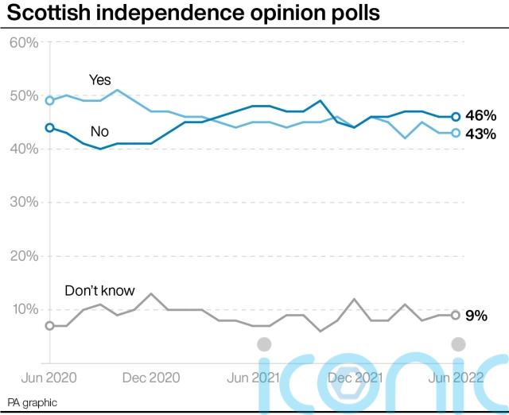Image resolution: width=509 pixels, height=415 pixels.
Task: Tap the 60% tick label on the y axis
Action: point(24,42)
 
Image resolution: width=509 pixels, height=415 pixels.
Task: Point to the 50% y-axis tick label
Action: point(24,95)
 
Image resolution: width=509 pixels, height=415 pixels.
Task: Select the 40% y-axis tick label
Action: point(24,149)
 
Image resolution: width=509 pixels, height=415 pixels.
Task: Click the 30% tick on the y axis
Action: point(24,202)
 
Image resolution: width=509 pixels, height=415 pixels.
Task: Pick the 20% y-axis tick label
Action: point(24,255)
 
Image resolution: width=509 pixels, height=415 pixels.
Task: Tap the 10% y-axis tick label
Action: point(24,308)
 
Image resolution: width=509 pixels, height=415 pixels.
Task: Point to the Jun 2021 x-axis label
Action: point(254,378)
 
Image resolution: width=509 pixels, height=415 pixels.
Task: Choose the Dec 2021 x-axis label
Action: point(355,378)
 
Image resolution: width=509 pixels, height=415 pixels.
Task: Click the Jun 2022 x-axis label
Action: point(456,378)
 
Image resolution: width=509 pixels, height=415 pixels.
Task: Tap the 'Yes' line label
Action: point(99,80)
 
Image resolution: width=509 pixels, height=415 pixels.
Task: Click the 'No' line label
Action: point(100,131)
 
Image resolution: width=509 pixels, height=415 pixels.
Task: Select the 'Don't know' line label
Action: point(100,290)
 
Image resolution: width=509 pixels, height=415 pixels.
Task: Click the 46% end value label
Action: point(480,116)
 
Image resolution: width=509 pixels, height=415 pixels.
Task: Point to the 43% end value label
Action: point(480,134)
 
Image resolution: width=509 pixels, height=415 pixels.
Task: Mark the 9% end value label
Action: point(476,315)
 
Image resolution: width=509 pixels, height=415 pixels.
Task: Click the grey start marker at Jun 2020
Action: point(50,325)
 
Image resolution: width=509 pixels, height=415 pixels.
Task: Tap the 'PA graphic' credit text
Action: point(33,403)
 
